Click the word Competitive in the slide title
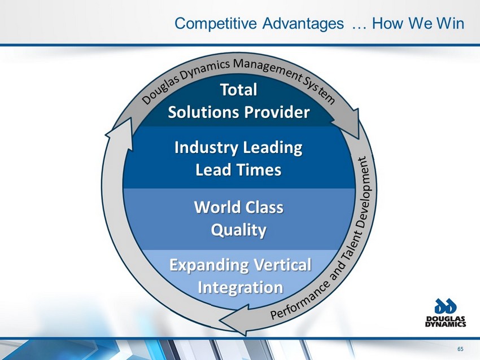point(216,24)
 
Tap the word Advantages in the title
point(303,23)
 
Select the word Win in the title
point(450,23)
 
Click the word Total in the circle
point(239,90)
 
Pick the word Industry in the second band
point(206,148)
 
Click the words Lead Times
point(238,170)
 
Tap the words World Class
point(239,207)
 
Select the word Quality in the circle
point(239,230)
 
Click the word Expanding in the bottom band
point(210,265)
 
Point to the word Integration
point(241,288)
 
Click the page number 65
point(460,349)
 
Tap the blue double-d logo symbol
point(446,306)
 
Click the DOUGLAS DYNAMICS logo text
point(446,322)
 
